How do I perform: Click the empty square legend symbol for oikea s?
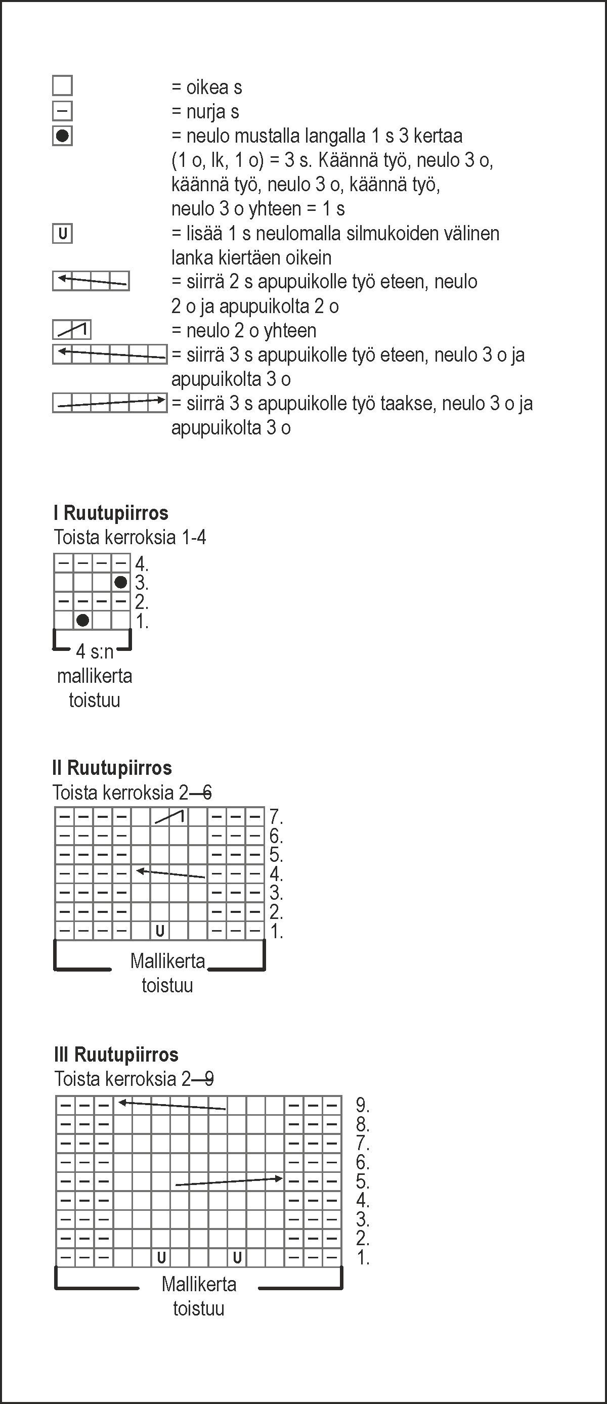point(62,85)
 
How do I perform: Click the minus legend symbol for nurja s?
point(62,111)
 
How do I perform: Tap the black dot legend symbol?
point(62,136)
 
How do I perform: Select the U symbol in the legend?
point(62,234)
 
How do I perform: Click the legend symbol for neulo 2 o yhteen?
point(71,330)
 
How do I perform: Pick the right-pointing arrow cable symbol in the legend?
point(110,403)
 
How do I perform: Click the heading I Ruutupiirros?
point(111,513)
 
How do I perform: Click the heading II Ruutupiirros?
point(112,768)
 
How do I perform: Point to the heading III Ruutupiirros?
point(116,1055)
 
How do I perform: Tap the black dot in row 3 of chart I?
point(121,582)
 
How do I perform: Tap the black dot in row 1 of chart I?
point(83,620)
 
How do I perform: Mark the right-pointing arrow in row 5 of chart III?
point(229,1181)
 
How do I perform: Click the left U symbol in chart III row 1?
point(161,1258)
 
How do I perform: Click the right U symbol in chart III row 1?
point(237,1258)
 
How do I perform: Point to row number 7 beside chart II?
point(276,817)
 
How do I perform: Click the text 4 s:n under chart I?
point(94,651)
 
